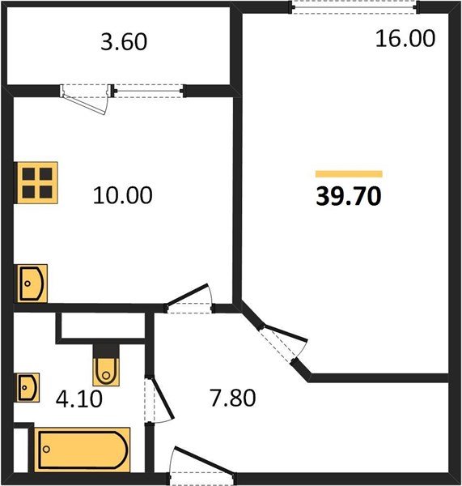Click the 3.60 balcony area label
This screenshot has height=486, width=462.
(x=124, y=42)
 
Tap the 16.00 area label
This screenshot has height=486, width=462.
(x=405, y=39)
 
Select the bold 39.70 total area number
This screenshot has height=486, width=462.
(x=349, y=197)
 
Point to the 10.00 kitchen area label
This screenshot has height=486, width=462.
(x=123, y=195)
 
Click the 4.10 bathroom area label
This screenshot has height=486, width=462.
(x=79, y=399)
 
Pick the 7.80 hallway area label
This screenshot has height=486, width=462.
(x=233, y=398)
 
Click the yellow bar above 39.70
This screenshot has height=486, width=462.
(x=349, y=174)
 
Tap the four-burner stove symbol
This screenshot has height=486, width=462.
(x=37, y=183)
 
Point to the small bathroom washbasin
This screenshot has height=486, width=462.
(x=28, y=387)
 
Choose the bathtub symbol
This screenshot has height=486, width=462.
(x=82, y=450)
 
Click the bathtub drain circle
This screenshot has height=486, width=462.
(x=46, y=449)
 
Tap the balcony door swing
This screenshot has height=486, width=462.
(x=85, y=100)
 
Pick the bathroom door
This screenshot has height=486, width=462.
(x=159, y=399)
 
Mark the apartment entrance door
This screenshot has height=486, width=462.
(x=203, y=465)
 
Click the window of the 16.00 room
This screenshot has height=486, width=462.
(x=355, y=7)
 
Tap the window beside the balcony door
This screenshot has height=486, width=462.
(x=149, y=91)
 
